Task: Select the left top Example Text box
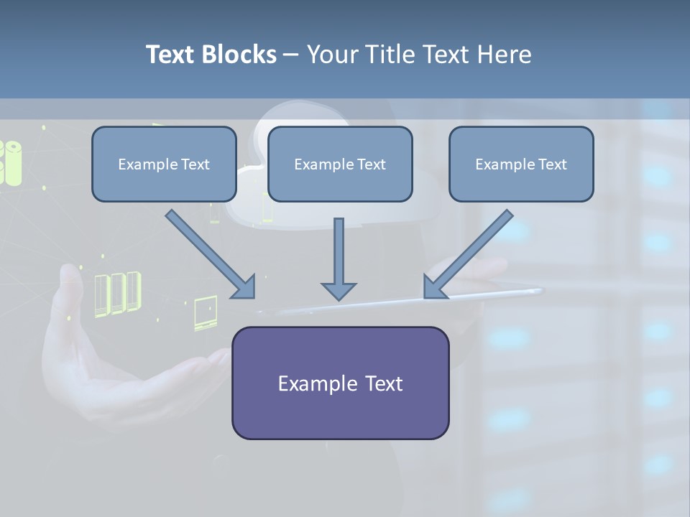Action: (x=164, y=164)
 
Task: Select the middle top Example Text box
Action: (x=340, y=164)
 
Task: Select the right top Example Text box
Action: (x=521, y=164)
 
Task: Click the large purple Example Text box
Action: (x=340, y=383)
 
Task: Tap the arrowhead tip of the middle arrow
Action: (x=339, y=297)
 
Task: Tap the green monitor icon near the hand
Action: (x=205, y=312)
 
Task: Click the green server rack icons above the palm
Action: (x=117, y=292)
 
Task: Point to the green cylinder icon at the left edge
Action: (x=11, y=162)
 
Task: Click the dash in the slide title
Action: (x=292, y=55)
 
